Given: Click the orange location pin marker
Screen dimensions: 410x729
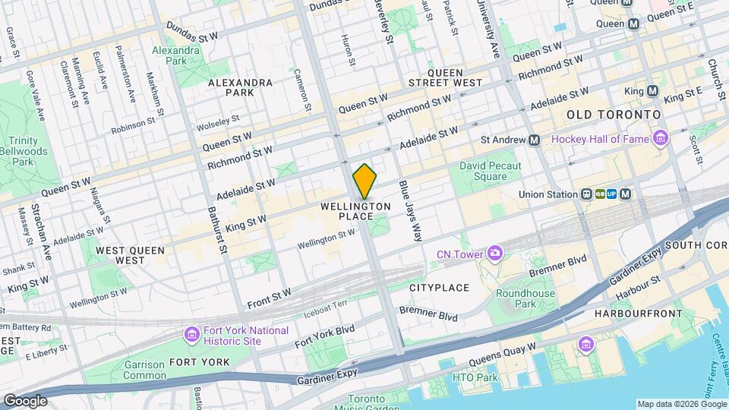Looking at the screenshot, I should (x=364, y=182).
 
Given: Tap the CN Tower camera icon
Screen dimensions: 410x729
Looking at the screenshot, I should (x=495, y=252).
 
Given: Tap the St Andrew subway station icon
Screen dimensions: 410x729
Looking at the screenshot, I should (x=534, y=140).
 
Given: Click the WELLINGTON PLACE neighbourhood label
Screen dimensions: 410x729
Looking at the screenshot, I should (x=355, y=211).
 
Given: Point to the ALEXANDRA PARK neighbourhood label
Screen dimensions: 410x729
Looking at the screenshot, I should (x=240, y=87).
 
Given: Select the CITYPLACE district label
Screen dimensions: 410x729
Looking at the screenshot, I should (x=440, y=288).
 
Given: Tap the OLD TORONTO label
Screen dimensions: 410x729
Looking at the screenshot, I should (x=614, y=114).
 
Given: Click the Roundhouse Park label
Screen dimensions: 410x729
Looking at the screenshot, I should (x=525, y=299).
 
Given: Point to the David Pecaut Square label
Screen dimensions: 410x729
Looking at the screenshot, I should (x=483, y=171).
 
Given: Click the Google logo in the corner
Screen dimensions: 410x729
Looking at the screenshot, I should (x=25, y=400).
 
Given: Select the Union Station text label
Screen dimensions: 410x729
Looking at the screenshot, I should (x=548, y=194).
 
